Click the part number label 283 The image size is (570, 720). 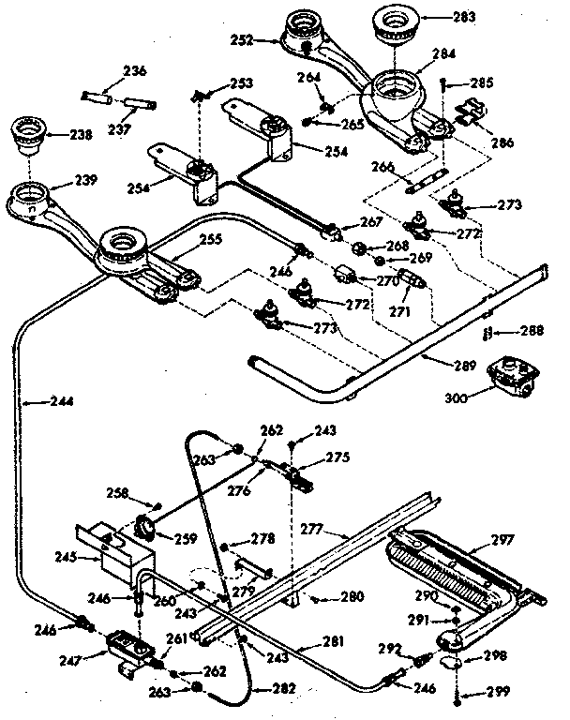[463, 16]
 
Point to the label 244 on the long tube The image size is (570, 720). [37, 402]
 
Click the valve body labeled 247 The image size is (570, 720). [126, 647]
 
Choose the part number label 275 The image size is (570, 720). [336, 457]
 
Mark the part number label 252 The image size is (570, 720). [244, 39]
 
